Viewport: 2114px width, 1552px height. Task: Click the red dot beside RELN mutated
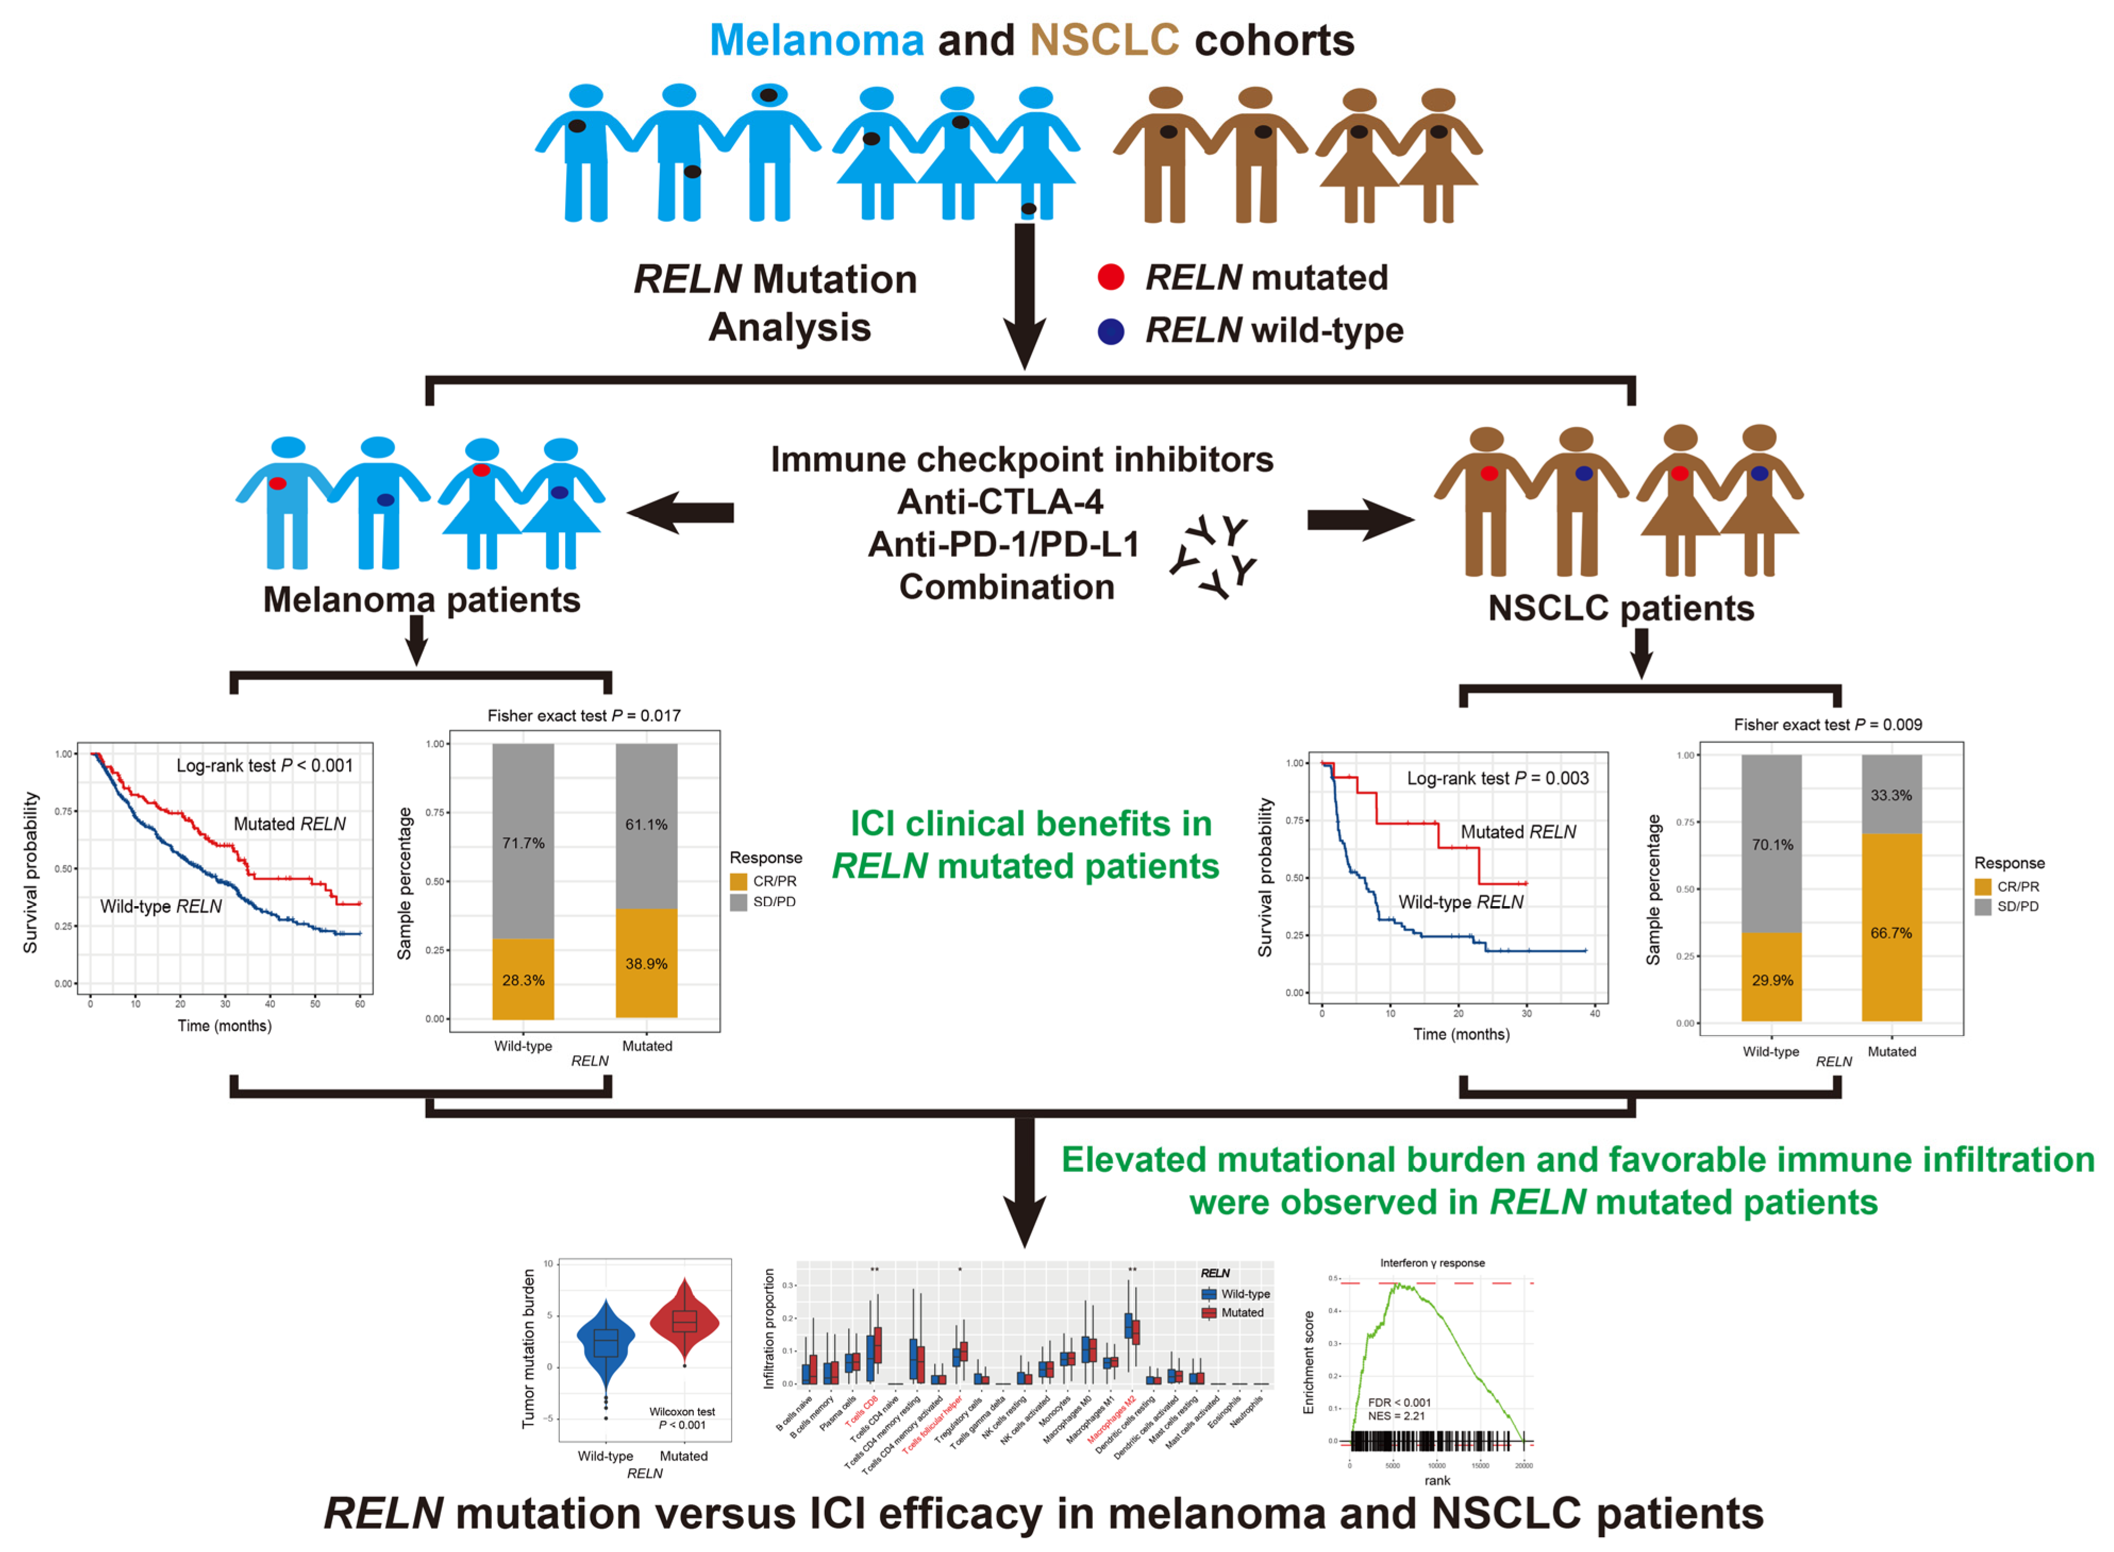pyautogui.click(x=1111, y=277)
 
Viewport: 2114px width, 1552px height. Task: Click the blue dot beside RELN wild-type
pyautogui.click(x=1111, y=331)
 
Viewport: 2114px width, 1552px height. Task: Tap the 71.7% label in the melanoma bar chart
pyautogui.click(x=523, y=842)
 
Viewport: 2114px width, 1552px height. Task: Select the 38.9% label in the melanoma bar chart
pyautogui.click(x=647, y=964)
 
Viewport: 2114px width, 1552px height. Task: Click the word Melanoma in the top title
pyautogui.click(x=817, y=40)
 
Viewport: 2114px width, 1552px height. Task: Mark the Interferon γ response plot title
pyautogui.click(x=1432, y=1263)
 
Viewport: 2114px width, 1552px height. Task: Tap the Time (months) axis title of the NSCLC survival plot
pyautogui.click(x=1461, y=1033)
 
